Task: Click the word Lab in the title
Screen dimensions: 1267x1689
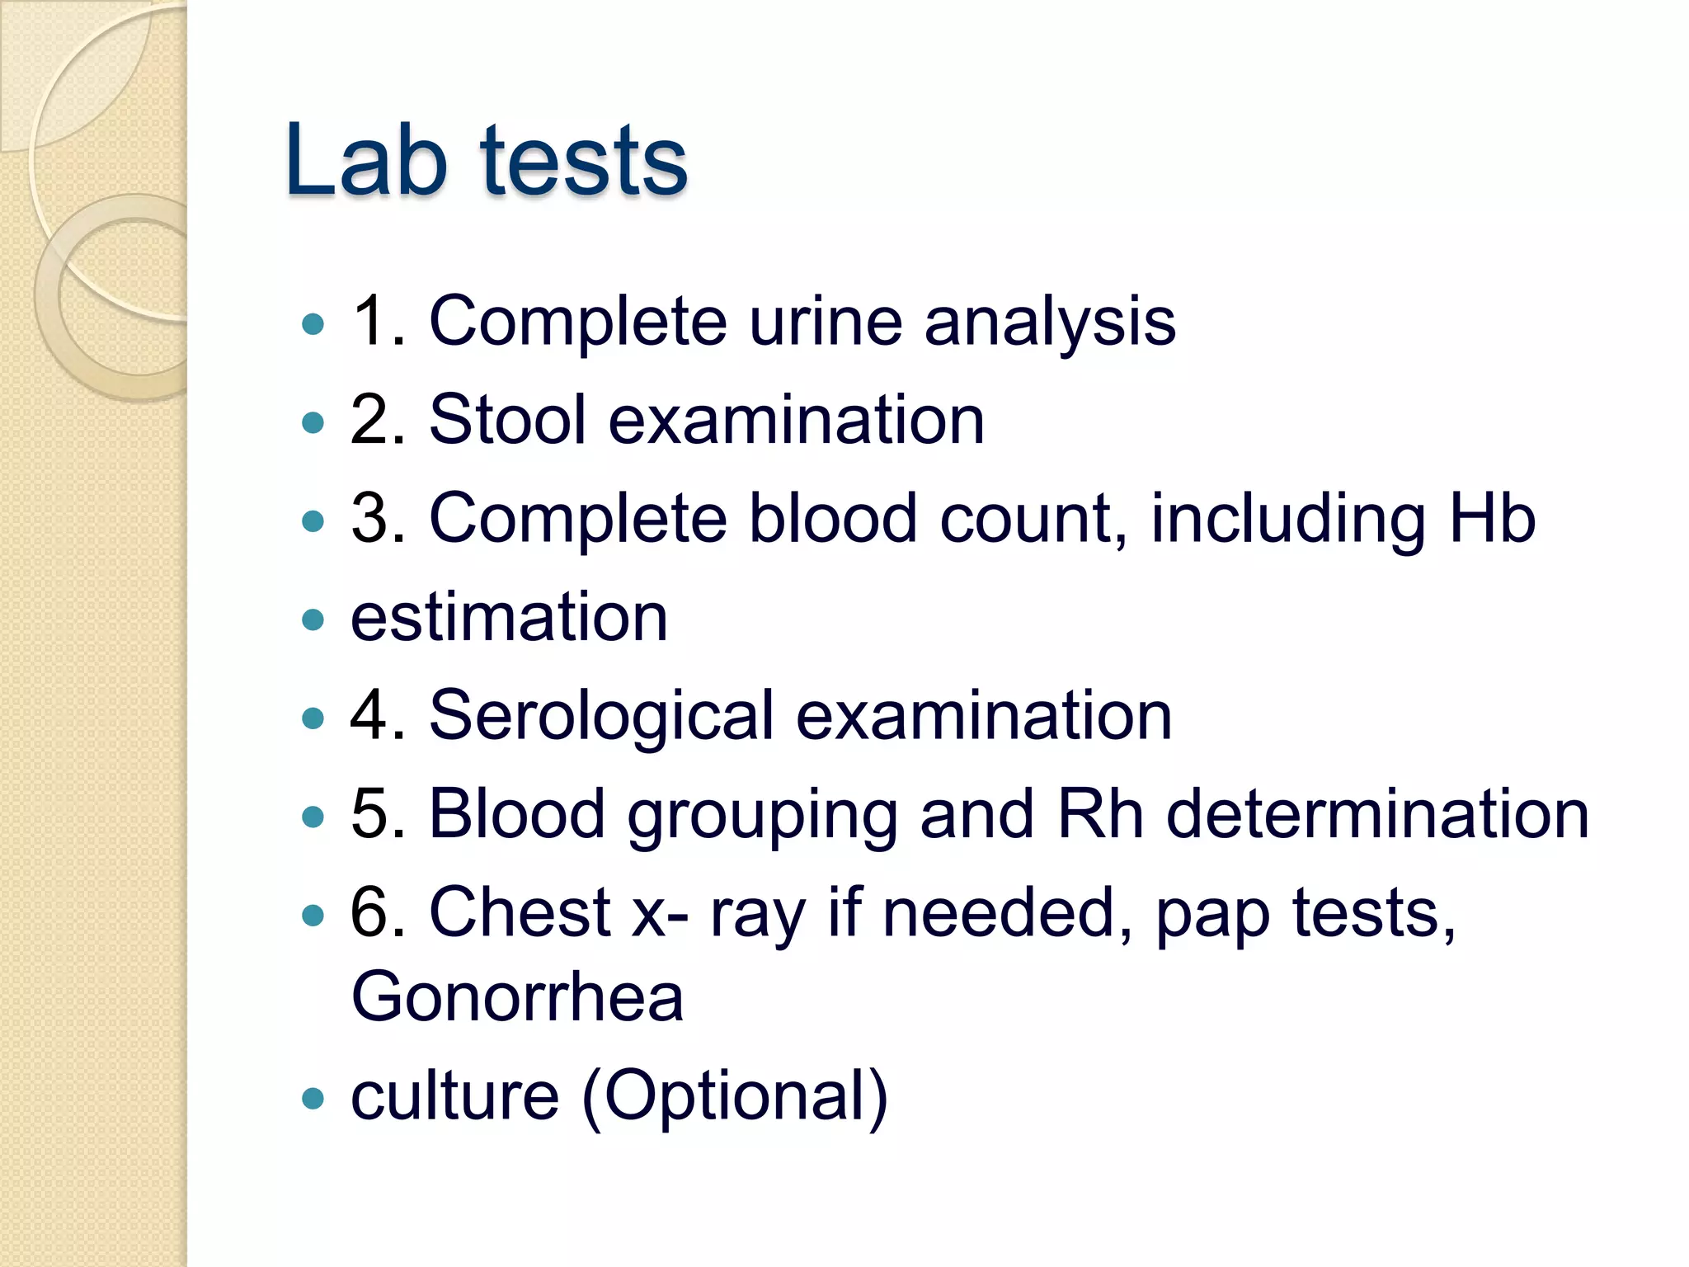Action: coord(366,160)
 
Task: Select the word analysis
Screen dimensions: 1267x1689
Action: coord(1050,323)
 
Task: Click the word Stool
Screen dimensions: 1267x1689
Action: coord(508,420)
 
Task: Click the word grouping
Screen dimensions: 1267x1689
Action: coord(762,815)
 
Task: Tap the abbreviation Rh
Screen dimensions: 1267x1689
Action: coord(1100,814)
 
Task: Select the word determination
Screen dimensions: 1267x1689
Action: coord(1378,814)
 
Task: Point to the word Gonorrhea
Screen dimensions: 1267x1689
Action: coord(517,996)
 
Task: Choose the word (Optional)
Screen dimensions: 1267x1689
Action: coord(735,1096)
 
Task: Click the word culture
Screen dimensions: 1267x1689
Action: coord(455,1096)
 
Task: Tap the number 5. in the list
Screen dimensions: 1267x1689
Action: coord(378,814)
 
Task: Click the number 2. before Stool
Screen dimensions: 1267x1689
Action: coord(378,420)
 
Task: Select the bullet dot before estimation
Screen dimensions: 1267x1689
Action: coord(313,619)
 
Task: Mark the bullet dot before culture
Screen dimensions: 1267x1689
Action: coord(313,1099)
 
